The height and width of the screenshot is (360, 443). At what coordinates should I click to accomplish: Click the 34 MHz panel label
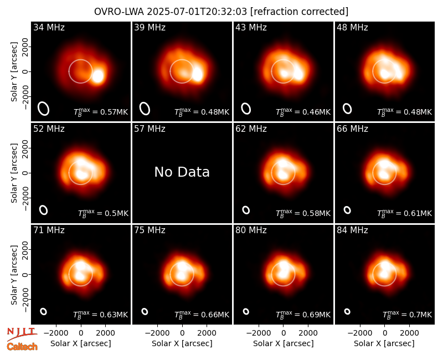49,27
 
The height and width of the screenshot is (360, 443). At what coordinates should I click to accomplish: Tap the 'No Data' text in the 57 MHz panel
182,172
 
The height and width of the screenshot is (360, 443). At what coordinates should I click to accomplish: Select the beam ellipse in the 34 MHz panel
44,109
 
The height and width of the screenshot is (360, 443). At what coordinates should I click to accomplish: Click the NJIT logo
22,333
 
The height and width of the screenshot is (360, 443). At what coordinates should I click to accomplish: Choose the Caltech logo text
22,347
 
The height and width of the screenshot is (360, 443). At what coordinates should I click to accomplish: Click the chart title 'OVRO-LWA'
119,12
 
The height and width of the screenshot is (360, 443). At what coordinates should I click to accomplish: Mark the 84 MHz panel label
352,230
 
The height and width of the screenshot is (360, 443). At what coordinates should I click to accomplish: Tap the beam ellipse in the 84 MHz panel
347,311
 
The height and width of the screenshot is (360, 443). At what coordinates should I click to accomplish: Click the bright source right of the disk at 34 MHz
98,76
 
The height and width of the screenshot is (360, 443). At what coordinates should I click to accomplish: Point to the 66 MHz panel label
352,129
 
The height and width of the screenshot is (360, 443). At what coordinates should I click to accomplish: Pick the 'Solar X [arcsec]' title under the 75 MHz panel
182,343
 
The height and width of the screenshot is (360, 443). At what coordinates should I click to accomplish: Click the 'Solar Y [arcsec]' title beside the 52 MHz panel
14,173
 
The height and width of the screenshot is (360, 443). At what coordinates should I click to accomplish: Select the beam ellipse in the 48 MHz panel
347,109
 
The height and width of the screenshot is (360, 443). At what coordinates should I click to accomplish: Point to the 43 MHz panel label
251,27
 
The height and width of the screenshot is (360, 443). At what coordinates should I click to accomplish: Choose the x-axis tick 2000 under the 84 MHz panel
409,333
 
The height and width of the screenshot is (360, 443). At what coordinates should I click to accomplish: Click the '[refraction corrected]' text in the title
300,12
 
